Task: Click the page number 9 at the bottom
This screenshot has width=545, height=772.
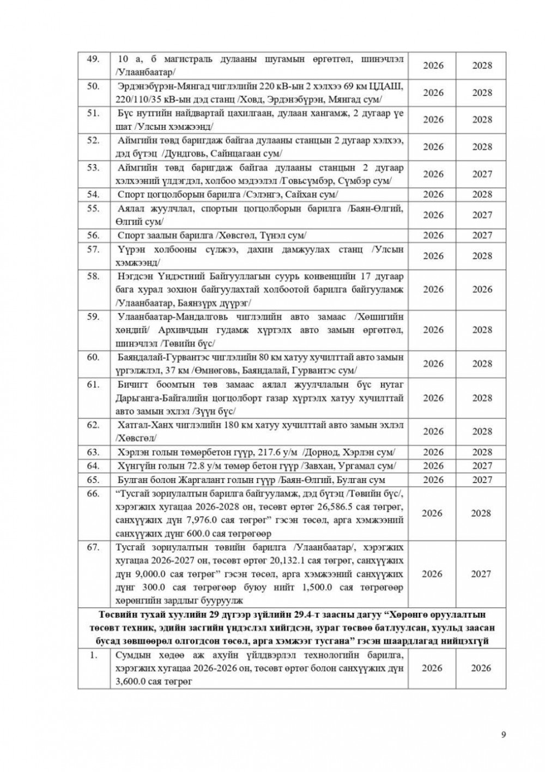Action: pyautogui.click(x=503, y=734)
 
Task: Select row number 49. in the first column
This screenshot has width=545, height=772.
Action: pyautogui.click(x=94, y=59)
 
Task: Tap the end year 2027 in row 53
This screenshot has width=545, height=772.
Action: pyautogui.click(x=482, y=174)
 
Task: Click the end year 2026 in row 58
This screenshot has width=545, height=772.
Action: pyautogui.click(x=482, y=289)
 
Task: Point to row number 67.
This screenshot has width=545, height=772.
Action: pyautogui.click(x=94, y=547)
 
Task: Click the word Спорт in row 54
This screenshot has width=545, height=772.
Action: pyautogui.click(x=131, y=194)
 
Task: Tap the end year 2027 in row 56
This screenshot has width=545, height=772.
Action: pyautogui.click(x=482, y=236)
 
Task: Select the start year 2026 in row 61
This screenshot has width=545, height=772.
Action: pyautogui.click(x=433, y=398)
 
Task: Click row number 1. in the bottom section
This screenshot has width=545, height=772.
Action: pyautogui.click(x=94, y=655)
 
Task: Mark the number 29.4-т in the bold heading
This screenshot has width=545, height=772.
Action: pyautogui.click(x=265, y=616)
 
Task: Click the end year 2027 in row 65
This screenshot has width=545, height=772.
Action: pyautogui.click(x=482, y=480)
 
